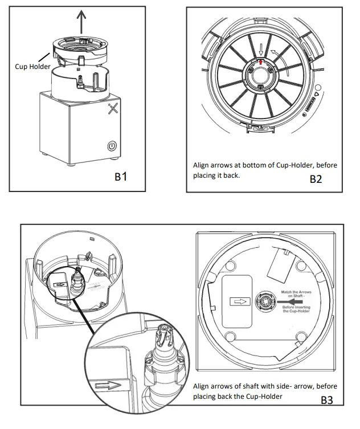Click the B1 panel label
120,177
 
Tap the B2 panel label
316,179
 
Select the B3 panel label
326,400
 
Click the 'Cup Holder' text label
32,67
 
